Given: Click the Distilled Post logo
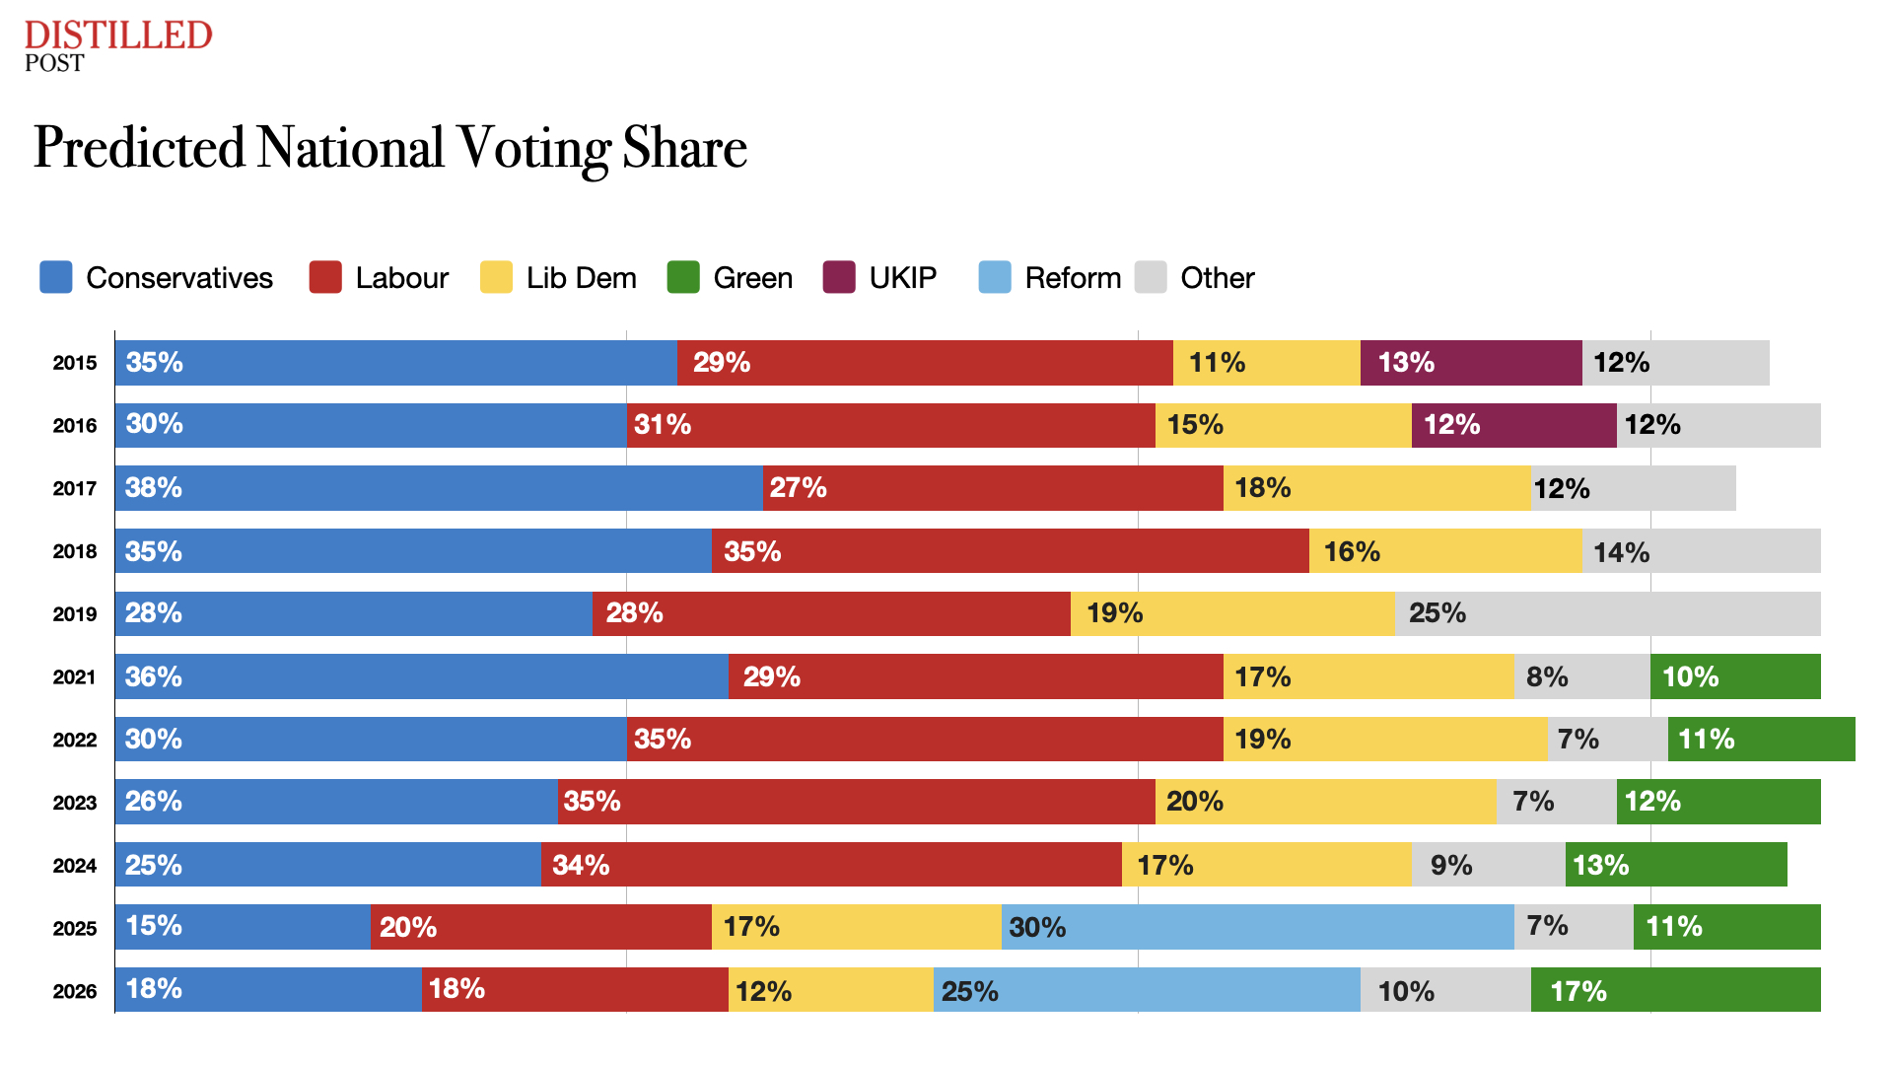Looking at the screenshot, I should point(117,45).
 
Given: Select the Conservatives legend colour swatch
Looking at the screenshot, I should point(55,277).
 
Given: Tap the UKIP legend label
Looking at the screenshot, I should point(902,278).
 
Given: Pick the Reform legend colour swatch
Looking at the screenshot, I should point(994,277).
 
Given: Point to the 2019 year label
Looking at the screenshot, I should point(75,614).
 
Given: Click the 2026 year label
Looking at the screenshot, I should point(75,991).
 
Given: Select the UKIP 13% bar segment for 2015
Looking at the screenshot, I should point(1471,363).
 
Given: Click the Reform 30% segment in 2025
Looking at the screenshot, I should point(1257,927).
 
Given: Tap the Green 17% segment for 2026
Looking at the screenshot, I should point(1675,990).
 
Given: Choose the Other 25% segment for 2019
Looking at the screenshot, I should point(1607,613).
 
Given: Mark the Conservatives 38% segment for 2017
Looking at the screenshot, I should point(439,488).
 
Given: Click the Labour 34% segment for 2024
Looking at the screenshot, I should point(831,865).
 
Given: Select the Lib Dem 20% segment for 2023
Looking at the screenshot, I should point(1325,802).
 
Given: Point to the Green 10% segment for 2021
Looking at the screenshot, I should point(1735,676).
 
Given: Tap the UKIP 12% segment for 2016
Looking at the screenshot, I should point(1513,425).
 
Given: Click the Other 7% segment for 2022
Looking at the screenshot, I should point(1607,740).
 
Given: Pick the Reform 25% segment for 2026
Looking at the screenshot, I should point(1147,990).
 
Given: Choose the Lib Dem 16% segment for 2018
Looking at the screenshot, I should point(1445,551).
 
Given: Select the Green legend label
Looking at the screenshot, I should point(752,278).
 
